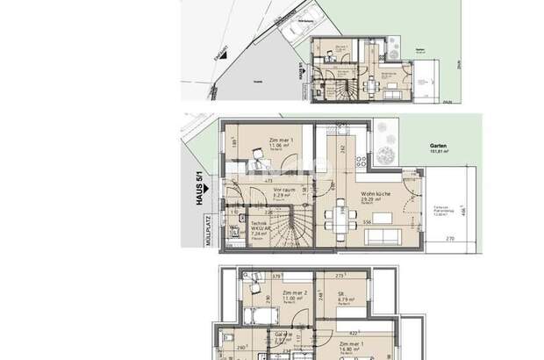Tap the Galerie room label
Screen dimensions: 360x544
pos(281,336)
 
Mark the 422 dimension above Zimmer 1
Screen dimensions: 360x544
pos(355,333)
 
